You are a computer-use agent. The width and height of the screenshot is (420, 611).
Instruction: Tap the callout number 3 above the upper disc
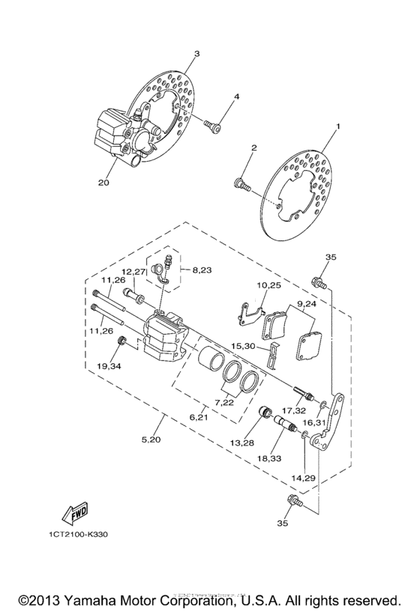tap(196, 54)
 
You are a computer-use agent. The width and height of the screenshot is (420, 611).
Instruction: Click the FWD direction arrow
tap(74, 515)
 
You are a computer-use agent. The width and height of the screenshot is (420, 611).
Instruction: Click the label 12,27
tap(135, 272)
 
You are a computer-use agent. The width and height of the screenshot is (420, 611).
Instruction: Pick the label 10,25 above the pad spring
tap(267, 286)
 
